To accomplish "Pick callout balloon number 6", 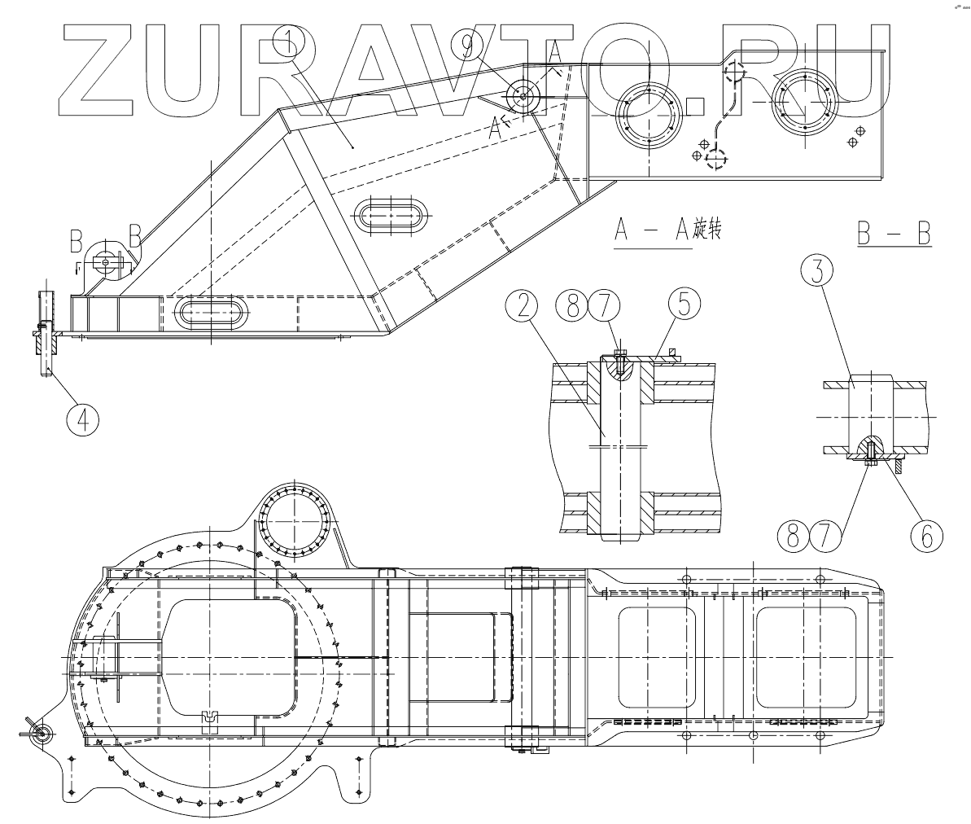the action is coord(925,537).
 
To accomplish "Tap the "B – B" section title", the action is coord(893,234).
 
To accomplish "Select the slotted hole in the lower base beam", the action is coord(209,313).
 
